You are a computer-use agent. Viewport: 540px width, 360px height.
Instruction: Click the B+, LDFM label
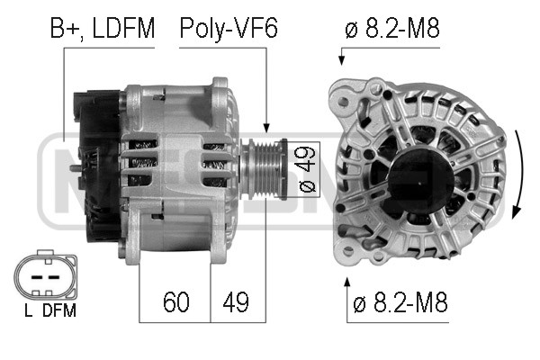pyautogui.click(x=103, y=28)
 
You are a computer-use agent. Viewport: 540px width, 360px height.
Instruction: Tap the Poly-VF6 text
pyautogui.click(x=229, y=28)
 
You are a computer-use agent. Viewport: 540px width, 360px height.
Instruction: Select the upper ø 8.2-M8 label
pyautogui.click(x=392, y=28)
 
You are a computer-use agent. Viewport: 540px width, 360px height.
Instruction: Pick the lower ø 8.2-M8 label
pyautogui.click(x=400, y=302)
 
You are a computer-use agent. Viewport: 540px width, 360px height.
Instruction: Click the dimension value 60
pyautogui.click(x=176, y=302)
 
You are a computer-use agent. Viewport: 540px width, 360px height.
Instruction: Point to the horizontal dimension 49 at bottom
pyautogui.click(x=236, y=302)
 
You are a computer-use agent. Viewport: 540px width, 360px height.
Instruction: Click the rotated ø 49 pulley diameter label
pyautogui.click(x=307, y=169)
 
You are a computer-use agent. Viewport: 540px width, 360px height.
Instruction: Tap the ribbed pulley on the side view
pyautogui.click(x=264, y=169)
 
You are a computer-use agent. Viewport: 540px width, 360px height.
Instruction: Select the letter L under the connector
pyautogui.click(x=29, y=310)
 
